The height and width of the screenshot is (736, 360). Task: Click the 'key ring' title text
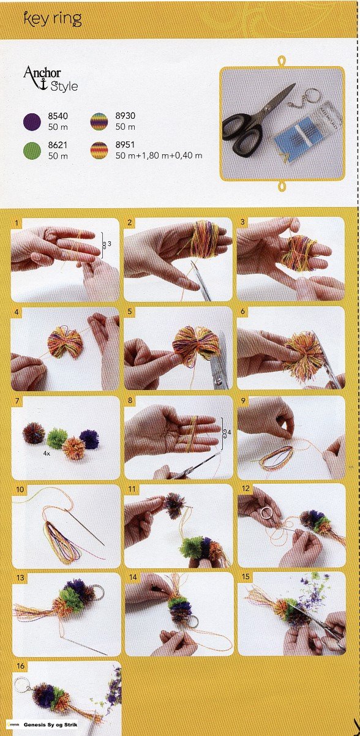pos(53,20)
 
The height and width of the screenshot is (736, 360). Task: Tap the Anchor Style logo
pos(51,78)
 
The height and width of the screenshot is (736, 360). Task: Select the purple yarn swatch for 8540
pos(32,122)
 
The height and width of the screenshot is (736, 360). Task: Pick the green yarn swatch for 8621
pos(32,151)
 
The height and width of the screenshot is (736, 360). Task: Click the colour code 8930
pos(125,116)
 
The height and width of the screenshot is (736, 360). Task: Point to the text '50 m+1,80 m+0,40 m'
pos(159,156)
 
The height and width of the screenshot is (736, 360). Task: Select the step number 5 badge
pos(130,311)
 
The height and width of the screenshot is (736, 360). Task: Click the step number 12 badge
pos(246,489)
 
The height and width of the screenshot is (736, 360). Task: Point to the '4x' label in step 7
pos(47,454)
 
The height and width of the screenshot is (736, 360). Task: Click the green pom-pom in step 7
pos(57,438)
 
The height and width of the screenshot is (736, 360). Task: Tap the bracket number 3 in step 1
pos(110,244)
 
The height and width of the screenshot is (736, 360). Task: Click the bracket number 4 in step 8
pos(229,432)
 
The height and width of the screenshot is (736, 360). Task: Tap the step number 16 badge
pos(20,666)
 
